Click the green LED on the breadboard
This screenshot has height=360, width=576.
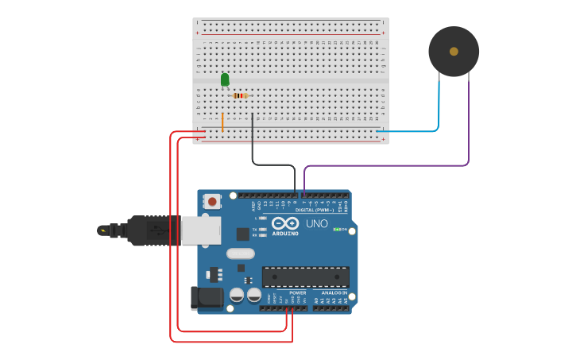225,79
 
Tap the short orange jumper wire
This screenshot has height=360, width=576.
222,122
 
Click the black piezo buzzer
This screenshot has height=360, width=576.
454,52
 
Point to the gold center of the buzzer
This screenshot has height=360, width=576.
454,52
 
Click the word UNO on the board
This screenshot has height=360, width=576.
317,223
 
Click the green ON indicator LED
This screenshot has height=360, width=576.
337,229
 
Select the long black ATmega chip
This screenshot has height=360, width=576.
305,277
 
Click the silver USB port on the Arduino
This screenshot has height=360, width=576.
201,230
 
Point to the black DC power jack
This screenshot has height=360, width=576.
206,298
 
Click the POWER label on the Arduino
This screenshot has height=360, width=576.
298,292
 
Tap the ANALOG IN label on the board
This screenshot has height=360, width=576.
334,292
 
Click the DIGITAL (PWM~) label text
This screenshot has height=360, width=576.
315,210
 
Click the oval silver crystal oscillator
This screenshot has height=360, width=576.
240,254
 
